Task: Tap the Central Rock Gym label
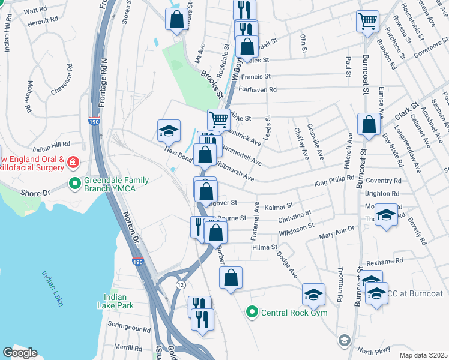(285, 311)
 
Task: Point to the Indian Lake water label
(52, 288)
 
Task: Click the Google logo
(19, 353)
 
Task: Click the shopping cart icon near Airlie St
(218, 119)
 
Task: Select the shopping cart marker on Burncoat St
(367, 21)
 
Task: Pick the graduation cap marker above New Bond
(169, 130)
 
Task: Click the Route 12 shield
(179, 283)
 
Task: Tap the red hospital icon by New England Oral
(73, 162)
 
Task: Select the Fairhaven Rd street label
(258, 89)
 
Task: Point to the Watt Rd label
(35, 10)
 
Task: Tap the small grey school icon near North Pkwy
(344, 341)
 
